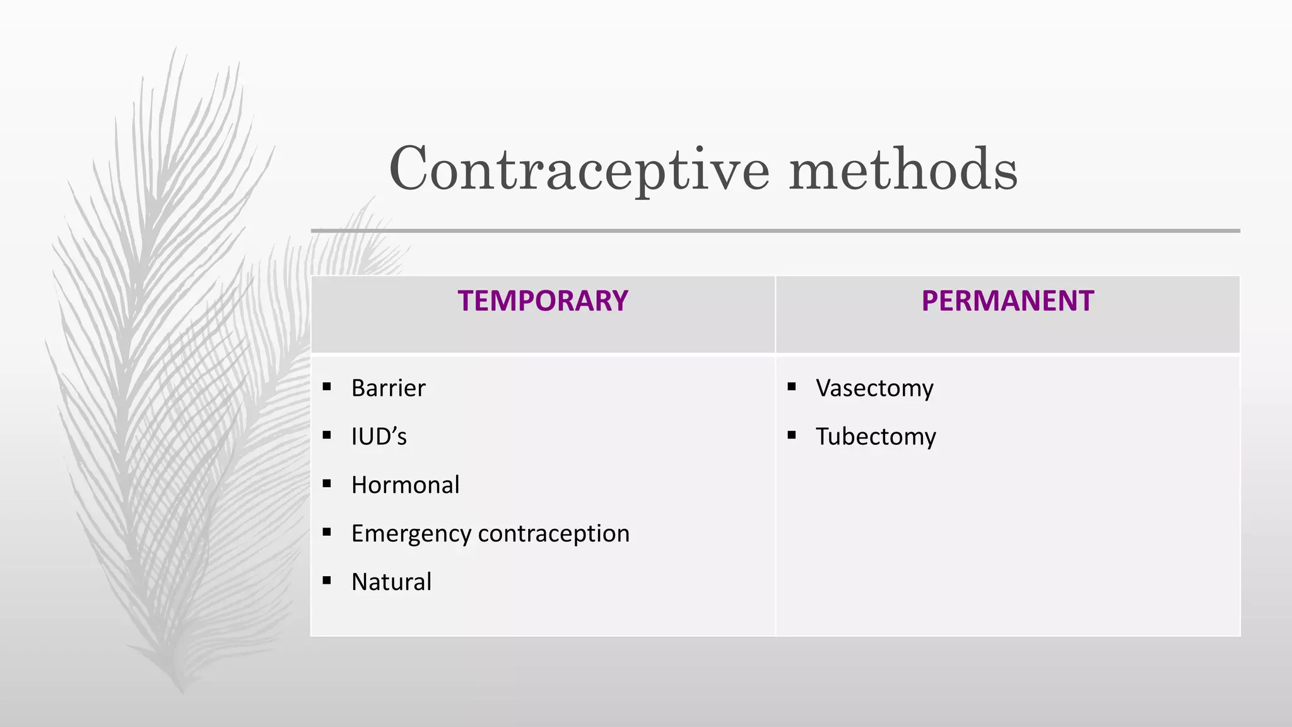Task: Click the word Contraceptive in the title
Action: [579, 169]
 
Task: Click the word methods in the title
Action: [903, 169]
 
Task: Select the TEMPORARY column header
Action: [543, 301]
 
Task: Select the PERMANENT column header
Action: [1007, 301]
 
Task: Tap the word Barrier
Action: [388, 388]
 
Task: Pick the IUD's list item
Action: [379, 437]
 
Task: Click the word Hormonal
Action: [405, 485]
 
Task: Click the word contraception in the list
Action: [553, 534]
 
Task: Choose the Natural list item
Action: [391, 582]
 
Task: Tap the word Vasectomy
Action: [874, 388]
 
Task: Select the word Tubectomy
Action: [876, 437]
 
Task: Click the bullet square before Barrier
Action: [327, 387]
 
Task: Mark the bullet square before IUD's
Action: [327, 435]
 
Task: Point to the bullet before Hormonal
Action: [327, 484]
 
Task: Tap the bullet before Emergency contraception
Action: [327, 533]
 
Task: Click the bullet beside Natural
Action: [327, 581]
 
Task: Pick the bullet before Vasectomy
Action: [792, 387]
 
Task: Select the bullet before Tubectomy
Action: [792, 435]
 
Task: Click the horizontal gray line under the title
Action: [775, 231]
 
